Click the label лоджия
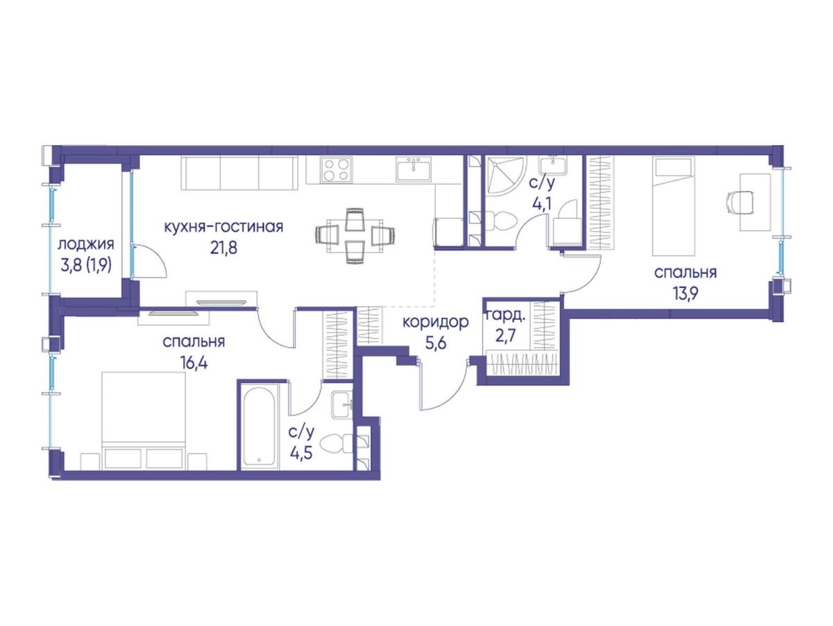[x=86, y=244]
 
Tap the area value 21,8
[x=224, y=248]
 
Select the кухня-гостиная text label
[x=224, y=227]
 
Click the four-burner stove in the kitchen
[x=336, y=169]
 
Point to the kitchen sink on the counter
[x=414, y=169]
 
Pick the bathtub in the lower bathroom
[x=260, y=426]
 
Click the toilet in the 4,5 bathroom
[x=337, y=443]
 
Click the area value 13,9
[x=685, y=294]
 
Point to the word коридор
[x=435, y=323]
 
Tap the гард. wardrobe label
[x=506, y=315]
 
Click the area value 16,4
[x=194, y=364]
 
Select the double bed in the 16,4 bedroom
[x=144, y=421]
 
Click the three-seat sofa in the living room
[x=239, y=173]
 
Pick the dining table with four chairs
[x=355, y=235]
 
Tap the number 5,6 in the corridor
[x=435, y=344]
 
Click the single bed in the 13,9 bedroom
[x=673, y=206]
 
